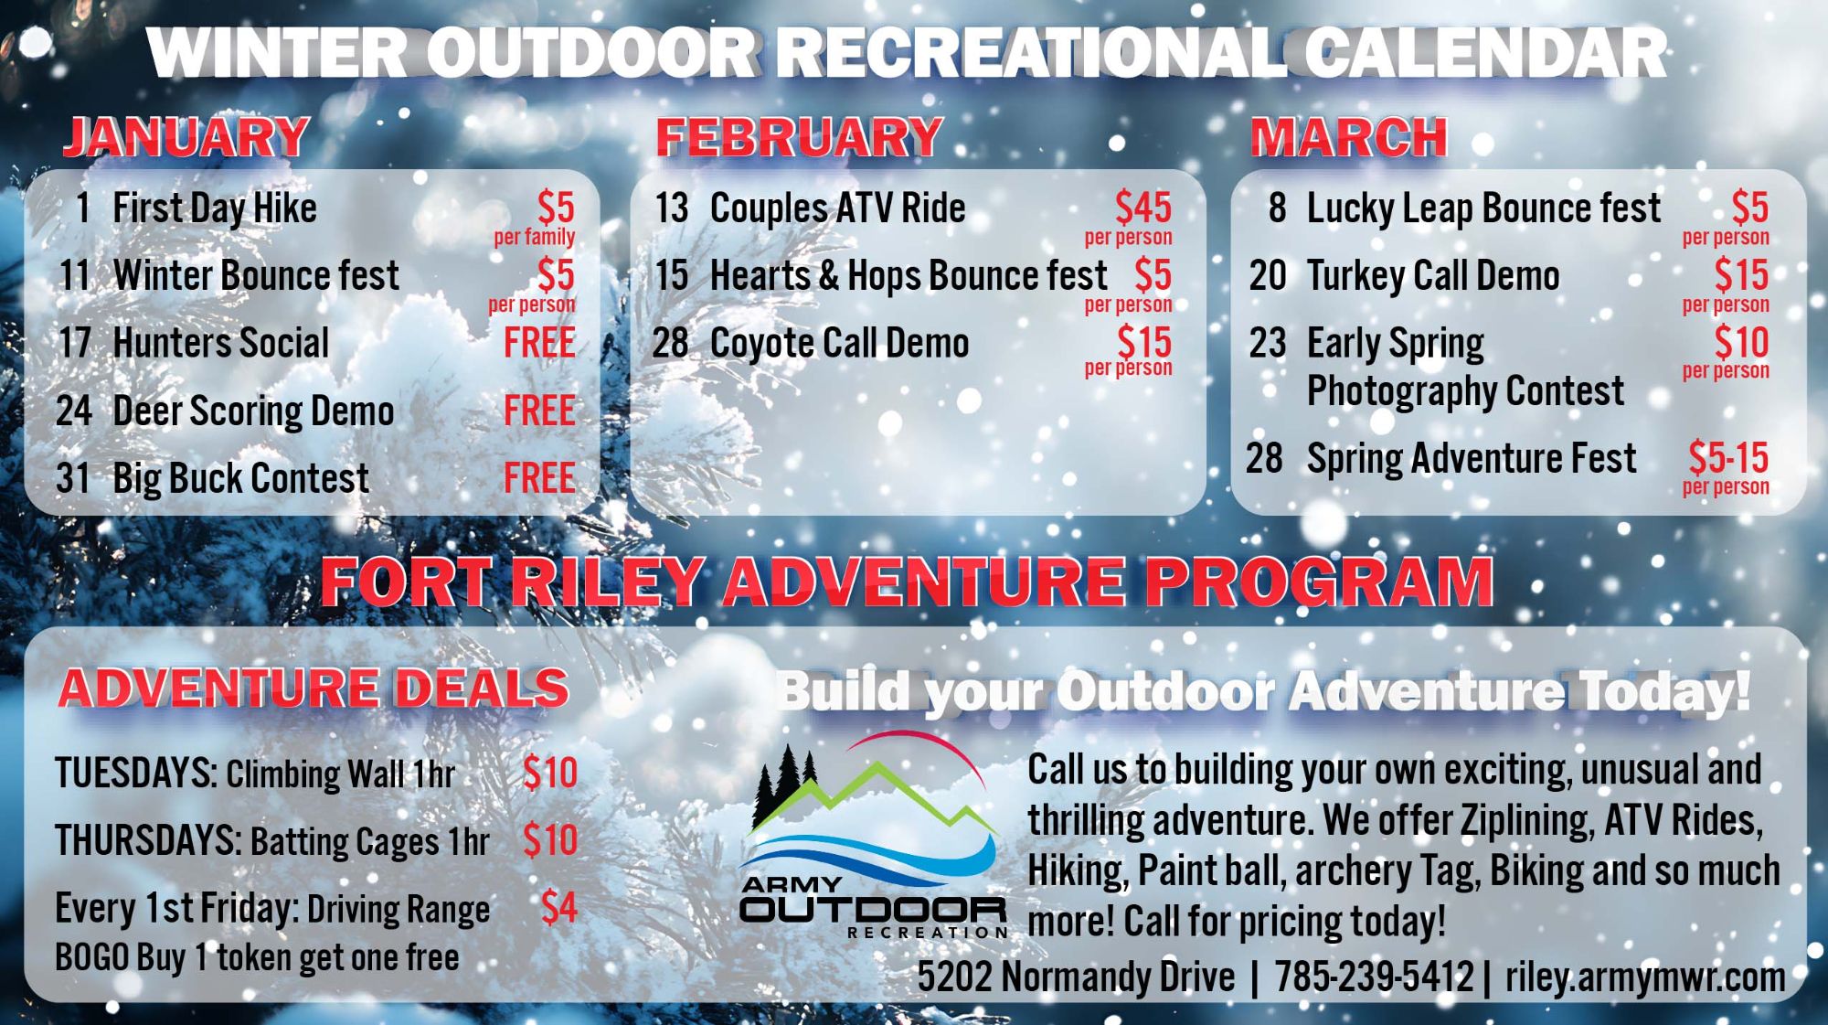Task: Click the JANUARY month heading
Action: (x=186, y=137)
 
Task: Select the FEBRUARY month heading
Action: (x=798, y=137)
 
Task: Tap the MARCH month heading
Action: (x=1348, y=137)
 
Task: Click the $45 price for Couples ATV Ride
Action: (x=1142, y=208)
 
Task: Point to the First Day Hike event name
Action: (x=215, y=208)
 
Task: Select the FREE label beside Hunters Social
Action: (x=539, y=343)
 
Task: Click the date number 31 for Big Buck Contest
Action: (x=73, y=478)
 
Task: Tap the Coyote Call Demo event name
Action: (x=839, y=344)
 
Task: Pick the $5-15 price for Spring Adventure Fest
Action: (x=1727, y=458)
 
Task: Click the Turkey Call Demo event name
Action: (x=1433, y=276)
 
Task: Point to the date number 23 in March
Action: (x=1268, y=344)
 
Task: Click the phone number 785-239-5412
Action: (x=1374, y=977)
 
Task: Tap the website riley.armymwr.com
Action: (x=1644, y=977)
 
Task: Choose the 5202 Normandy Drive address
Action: (x=1076, y=977)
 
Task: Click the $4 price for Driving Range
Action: (x=558, y=908)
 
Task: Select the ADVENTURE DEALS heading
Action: (x=314, y=689)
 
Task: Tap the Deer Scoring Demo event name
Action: (x=253, y=411)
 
